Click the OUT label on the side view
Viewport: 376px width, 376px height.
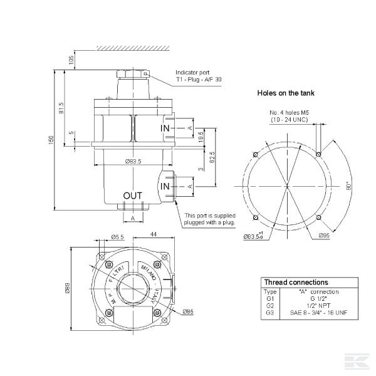[132, 196]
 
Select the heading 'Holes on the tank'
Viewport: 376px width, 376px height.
[286, 93]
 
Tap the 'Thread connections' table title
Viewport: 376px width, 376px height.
[296, 282]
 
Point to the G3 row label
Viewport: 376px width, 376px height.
[269, 311]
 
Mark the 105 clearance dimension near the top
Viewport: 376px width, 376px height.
[71, 60]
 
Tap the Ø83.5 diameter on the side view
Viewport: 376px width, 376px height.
[132, 161]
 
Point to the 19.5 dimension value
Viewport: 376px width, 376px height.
[201, 137]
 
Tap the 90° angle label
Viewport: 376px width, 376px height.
[348, 185]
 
